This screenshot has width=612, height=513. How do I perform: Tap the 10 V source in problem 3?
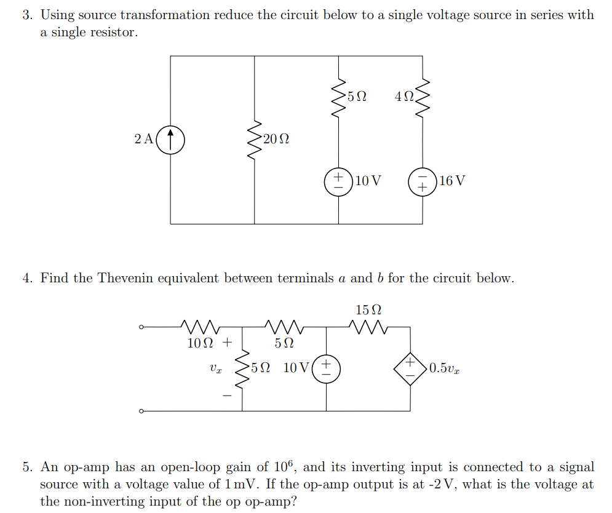[x=338, y=181]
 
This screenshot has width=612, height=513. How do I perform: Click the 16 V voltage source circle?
[x=423, y=181]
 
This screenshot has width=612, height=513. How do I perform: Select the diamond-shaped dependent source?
[x=410, y=368]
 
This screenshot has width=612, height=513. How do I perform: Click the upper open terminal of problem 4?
[x=141, y=327]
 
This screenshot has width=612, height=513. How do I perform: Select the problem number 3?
[x=27, y=15]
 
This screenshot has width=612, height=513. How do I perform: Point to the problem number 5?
[x=27, y=467]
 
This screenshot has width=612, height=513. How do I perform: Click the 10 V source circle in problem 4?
[x=326, y=368]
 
